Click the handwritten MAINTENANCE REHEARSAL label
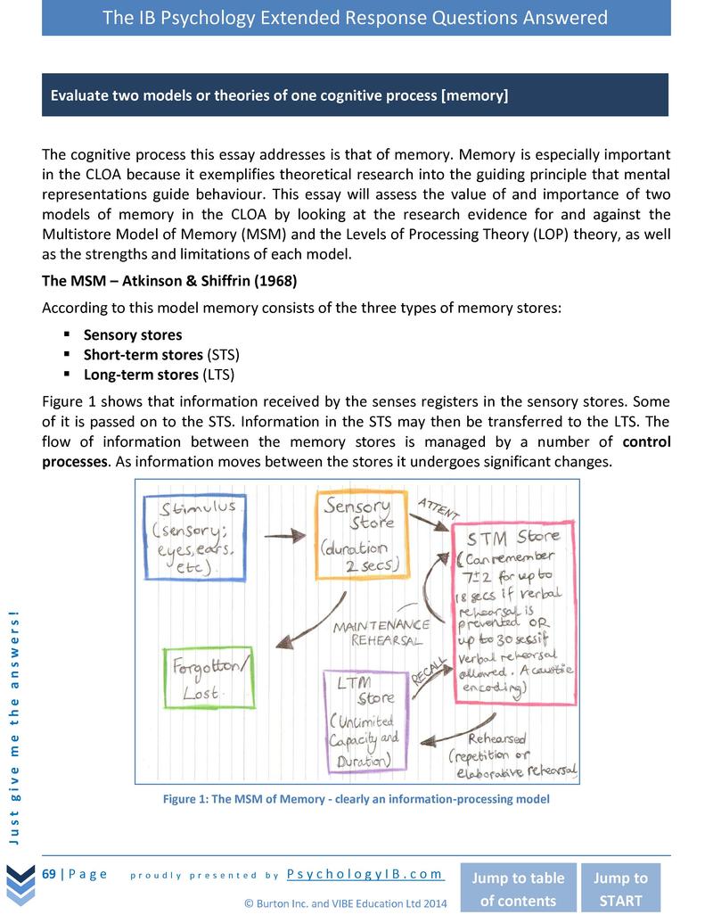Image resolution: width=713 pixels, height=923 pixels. coord(381,632)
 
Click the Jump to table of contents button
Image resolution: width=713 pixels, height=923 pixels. coord(517,888)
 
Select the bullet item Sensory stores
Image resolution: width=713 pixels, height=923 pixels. coord(132,335)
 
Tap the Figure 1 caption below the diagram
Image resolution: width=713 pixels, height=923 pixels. coord(356,799)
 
